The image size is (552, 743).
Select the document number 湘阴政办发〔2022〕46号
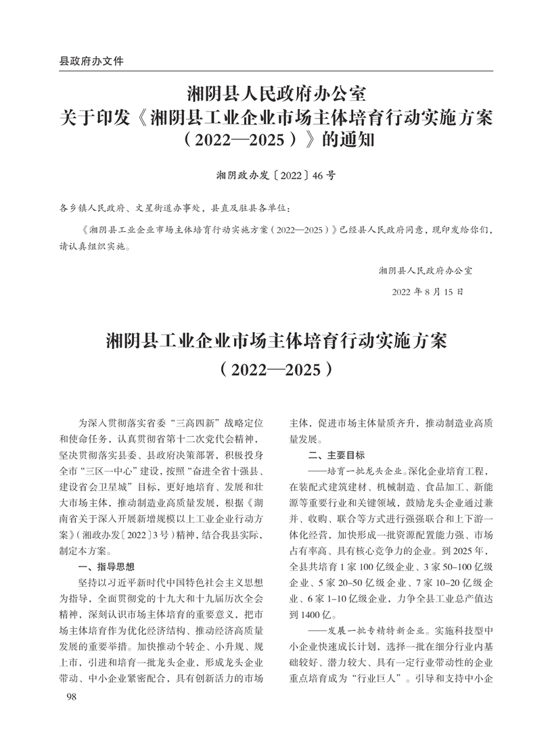[x=275, y=175]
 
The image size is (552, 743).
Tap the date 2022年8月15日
[x=428, y=293]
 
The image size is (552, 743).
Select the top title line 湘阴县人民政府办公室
[x=276, y=91]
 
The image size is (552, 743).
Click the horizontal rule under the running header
[x=276, y=70]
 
